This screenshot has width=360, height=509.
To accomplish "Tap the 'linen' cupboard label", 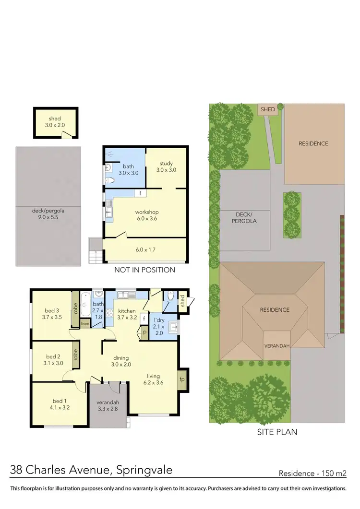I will pyautogui.click(x=85, y=324).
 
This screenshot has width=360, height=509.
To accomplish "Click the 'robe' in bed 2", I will pyautogui.click(x=75, y=355).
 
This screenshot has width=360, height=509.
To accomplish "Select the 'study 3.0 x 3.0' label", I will pyautogui.click(x=166, y=166).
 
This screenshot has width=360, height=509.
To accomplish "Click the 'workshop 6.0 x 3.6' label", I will pyautogui.click(x=146, y=215).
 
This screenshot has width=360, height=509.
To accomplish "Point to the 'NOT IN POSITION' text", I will pyautogui.click(x=144, y=270).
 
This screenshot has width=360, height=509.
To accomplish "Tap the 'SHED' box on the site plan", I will pyautogui.click(x=268, y=109).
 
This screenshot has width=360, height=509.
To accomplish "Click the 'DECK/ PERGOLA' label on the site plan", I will pyautogui.click(x=246, y=218).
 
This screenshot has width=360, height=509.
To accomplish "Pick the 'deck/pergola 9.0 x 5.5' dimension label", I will pyautogui.click(x=48, y=213).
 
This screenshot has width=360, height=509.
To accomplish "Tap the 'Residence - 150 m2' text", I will pyautogui.click(x=312, y=473).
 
